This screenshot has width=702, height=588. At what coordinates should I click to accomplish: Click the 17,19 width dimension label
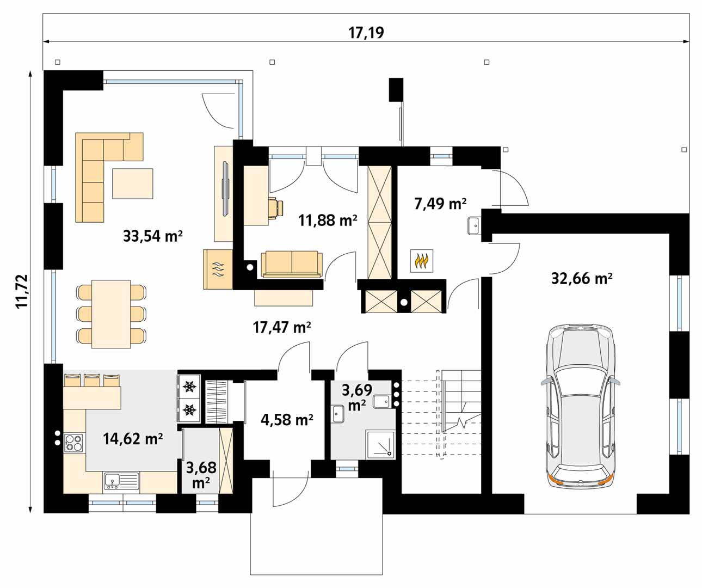pyautogui.click(x=366, y=33)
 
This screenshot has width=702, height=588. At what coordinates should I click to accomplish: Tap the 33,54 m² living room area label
pyautogui.click(x=152, y=236)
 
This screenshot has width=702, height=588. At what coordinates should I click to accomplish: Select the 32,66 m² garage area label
pyautogui.click(x=582, y=279)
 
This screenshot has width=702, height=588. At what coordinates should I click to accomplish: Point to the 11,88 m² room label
pyautogui.click(x=328, y=220)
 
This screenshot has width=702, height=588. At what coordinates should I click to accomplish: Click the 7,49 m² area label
pyautogui.click(x=440, y=204)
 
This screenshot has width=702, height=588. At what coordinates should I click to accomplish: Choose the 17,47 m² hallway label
pyautogui.click(x=282, y=327)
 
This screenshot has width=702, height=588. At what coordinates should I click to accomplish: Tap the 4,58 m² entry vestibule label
pyautogui.click(x=287, y=420)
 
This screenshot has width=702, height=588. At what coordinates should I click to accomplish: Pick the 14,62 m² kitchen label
pyautogui.click(x=133, y=439)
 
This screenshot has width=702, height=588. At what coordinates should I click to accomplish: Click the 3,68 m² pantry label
pyautogui.click(x=201, y=475)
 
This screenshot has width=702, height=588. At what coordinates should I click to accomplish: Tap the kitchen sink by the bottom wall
pyautogui.click(x=121, y=481)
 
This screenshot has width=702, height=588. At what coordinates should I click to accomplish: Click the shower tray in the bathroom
pyautogui.click(x=380, y=444)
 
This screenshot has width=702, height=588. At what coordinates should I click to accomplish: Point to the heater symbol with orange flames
pyautogui.click(x=421, y=261)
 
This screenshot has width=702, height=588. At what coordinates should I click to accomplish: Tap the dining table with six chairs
pyautogui.click(x=111, y=314)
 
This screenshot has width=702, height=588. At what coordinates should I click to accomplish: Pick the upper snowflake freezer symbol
pyautogui.click(x=189, y=387)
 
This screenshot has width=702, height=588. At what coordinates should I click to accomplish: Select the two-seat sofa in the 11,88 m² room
pyautogui.click(x=292, y=264)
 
